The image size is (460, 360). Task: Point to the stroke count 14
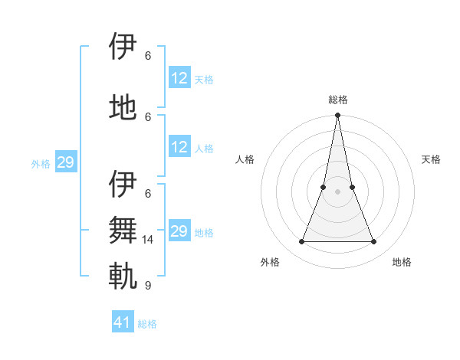point(149,240)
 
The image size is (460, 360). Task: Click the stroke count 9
point(147,286)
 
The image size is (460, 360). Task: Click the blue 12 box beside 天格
point(179,77)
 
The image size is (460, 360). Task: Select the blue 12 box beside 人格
point(179,147)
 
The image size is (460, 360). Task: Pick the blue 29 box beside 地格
point(179,231)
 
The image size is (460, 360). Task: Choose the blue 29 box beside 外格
point(65,162)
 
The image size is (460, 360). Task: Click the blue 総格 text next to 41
point(147,324)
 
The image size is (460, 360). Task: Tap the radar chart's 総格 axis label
point(337,100)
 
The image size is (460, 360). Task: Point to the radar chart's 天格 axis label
point(432,159)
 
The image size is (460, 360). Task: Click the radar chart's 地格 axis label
point(402,262)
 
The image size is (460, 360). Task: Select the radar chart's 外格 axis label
point(270,262)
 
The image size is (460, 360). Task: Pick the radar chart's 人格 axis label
point(245,159)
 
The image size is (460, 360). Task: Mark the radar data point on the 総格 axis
point(337,116)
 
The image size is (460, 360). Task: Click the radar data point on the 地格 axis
point(374,242)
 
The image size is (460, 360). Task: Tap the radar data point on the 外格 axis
point(301,242)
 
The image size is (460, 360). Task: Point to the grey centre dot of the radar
point(337,191)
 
